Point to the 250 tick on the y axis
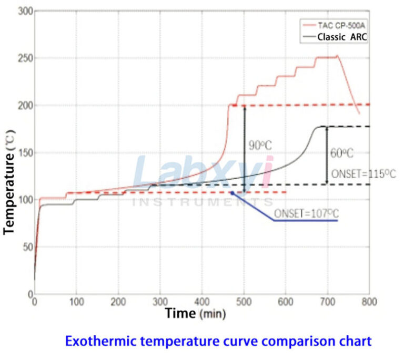(24, 58)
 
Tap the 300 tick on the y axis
(24, 11)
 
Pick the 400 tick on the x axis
(202, 302)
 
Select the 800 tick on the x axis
(369, 302)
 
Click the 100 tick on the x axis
(76, 302)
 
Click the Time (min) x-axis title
(195, 314)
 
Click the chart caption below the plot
(218, 341)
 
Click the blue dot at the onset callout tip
(231, 193)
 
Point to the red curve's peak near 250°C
(337, 56)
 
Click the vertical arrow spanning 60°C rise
(327, 155)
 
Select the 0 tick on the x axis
(35, 302)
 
